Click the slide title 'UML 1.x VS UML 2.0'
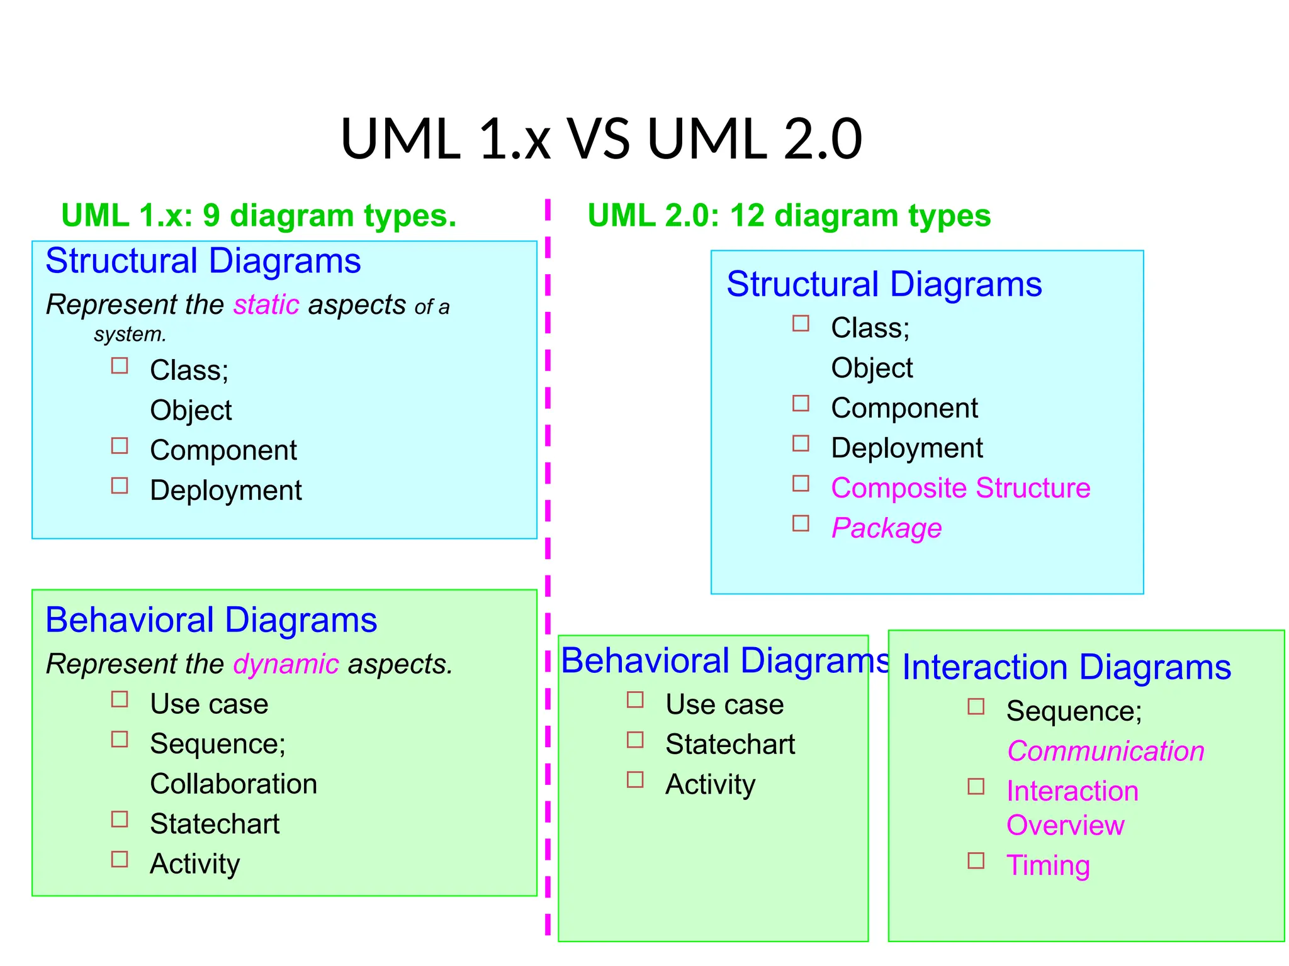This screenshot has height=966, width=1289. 601,139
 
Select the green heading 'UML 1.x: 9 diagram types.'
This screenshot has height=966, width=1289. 259,216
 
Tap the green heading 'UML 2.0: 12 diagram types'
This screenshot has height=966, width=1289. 789,216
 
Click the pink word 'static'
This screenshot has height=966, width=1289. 266,305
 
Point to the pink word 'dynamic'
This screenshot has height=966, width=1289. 286,665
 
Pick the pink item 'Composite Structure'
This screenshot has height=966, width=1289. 960,488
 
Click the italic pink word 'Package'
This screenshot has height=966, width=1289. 886,528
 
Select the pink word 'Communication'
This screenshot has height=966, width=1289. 1105,752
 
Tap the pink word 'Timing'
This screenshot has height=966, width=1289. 1048,865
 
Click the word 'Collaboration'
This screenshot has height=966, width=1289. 234,784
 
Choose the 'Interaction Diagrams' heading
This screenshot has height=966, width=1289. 1066,667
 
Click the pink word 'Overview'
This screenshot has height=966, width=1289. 1065,826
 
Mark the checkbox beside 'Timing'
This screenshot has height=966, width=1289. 976,860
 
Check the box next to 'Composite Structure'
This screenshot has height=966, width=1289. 801,483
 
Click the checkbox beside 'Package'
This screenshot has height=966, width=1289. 801,523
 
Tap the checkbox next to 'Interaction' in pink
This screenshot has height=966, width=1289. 976,786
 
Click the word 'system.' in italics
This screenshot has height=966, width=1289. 130,335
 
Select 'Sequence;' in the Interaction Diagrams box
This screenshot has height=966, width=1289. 1074,711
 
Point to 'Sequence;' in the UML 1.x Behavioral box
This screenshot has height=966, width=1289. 218,744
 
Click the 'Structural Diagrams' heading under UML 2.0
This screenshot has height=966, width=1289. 884,284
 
